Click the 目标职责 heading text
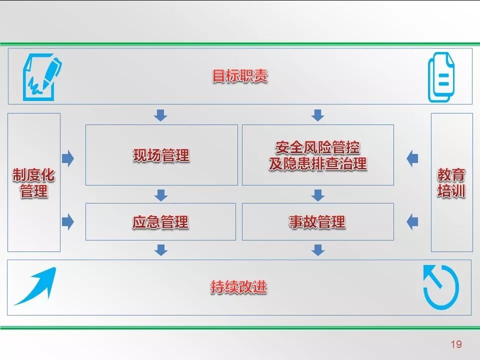point(240,76)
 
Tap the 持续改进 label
point(238,287)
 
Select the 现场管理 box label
point(161,155)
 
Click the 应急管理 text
point(160,221)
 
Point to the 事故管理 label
point(317,221)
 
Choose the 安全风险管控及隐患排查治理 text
point(317,155)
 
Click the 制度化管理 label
point(33,182)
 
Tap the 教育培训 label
point(451,182)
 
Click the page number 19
point(455,344)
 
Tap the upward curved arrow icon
point(35,286)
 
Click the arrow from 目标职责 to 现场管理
point(160,115)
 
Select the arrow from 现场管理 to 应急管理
point(160,194)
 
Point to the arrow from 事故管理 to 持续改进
point(317,249)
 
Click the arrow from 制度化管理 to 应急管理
point(67,221)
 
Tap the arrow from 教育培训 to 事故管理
point(412,221)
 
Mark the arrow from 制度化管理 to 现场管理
point(67,159)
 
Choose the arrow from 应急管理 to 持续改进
point(160,249)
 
